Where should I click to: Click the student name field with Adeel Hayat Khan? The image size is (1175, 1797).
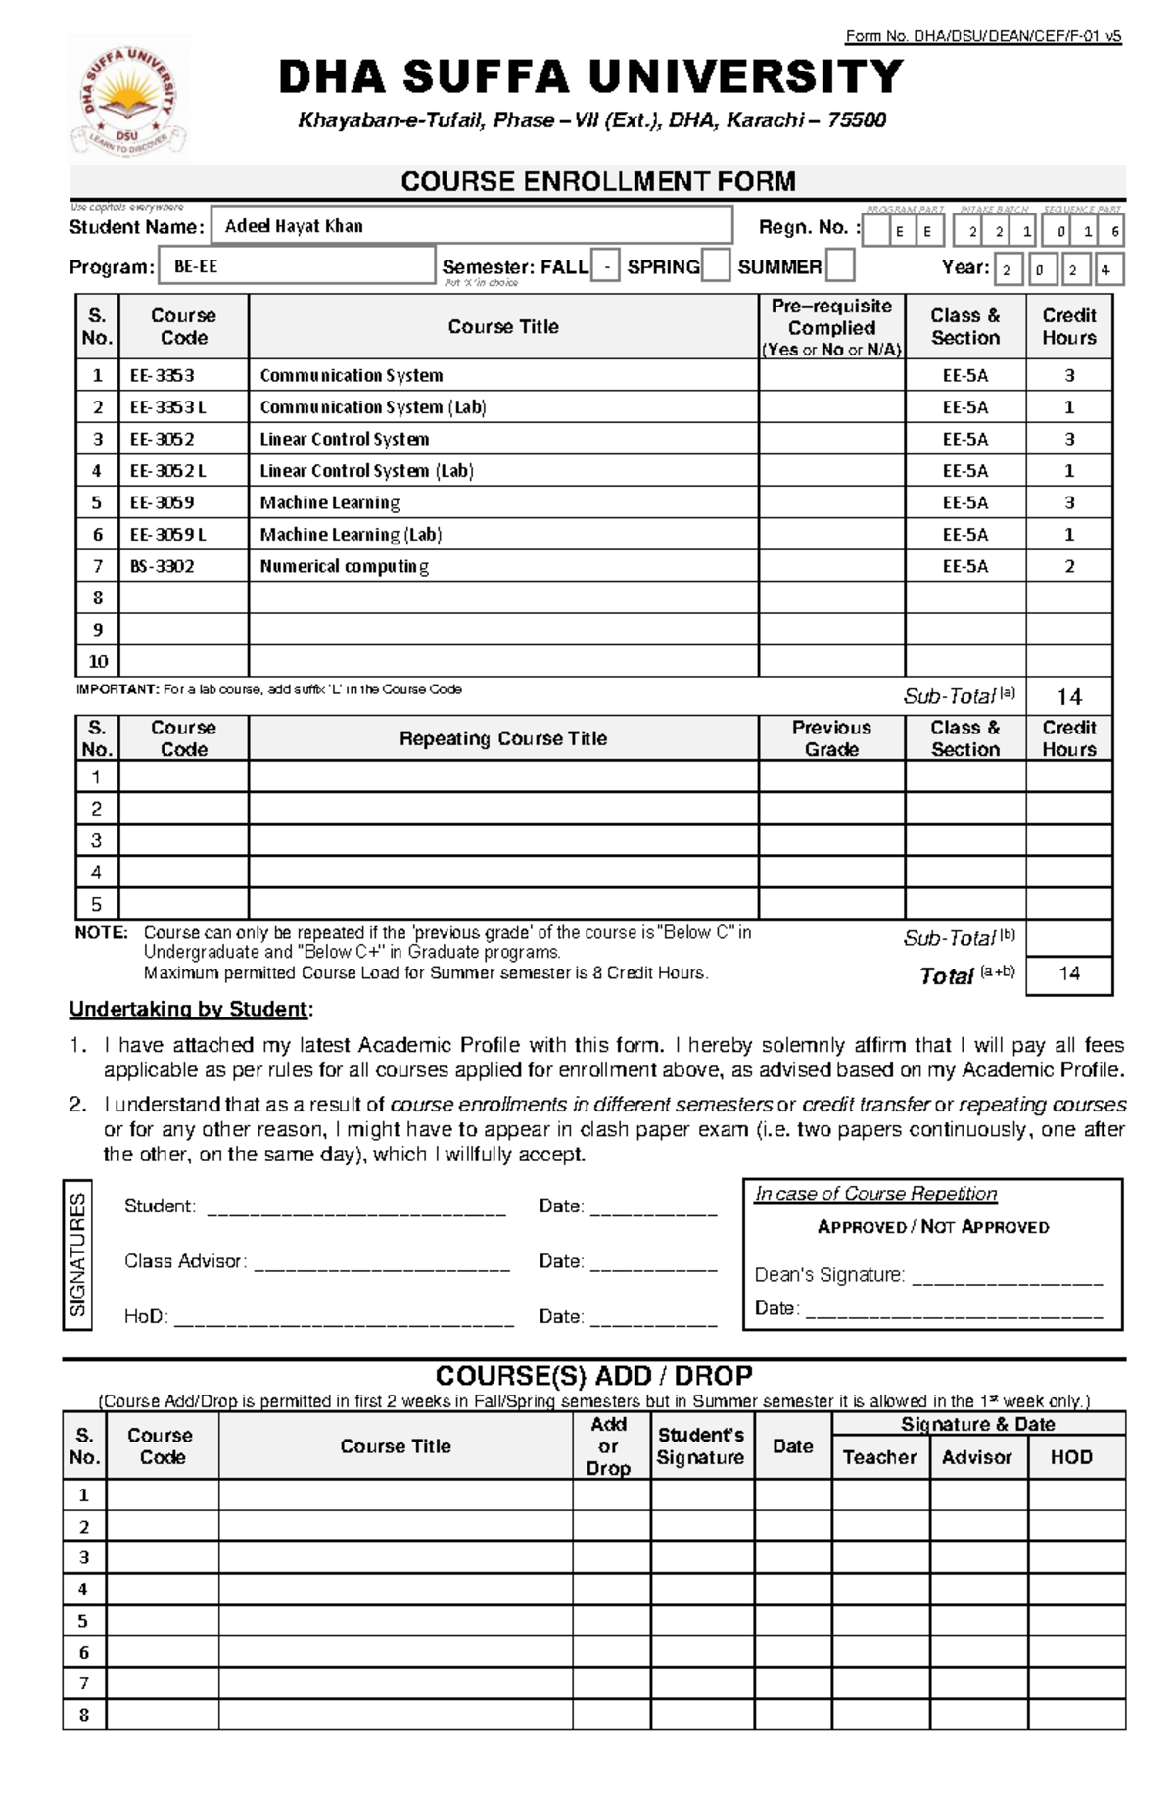click(x=472, y=226)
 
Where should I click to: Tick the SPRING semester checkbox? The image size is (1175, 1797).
click(x=716, y=266)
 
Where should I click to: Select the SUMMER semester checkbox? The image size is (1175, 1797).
click(x=840, y=265)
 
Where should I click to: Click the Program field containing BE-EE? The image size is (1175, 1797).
click(x=296, y=266)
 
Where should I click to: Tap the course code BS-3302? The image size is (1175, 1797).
click(x=163, y=566)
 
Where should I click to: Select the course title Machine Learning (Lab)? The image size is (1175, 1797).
click(x=351, y=535)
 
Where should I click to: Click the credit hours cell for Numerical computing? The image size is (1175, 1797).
click(x=1069, y=566)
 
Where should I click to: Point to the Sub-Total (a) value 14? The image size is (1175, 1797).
click(x=1069, y=697)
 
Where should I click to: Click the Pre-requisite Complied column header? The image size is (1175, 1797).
click(x=831, y=327)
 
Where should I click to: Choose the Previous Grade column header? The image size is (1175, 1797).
click(x=831, y=738)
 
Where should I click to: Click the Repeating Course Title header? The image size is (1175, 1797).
click(x=503, y=738)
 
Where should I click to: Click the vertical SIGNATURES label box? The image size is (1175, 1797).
click(x=77, y=1255)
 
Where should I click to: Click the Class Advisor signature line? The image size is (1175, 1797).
click(x=382, y=1263)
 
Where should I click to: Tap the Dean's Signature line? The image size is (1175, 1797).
click(x=1007, y=1276)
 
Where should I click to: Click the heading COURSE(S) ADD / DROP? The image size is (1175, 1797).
click(x=593, y=1376)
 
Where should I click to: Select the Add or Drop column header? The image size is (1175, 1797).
click(x=608, y=1445)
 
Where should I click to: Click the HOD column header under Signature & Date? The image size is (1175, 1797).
click(x=1071, y=1457)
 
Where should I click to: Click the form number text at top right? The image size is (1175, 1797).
click(x=983, y=37)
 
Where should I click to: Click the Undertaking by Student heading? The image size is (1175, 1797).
click(x=191, y=1010)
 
